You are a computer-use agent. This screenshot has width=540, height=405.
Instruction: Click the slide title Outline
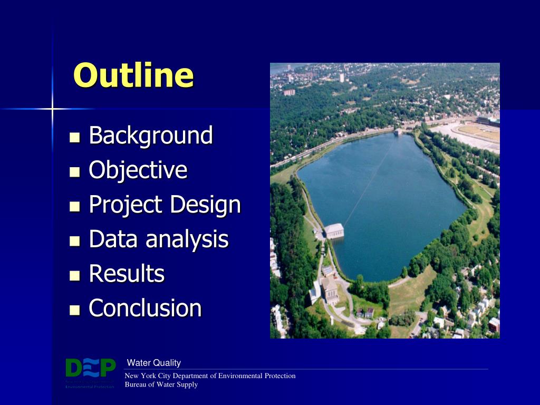(133, 75)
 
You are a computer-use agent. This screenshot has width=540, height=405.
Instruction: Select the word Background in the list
(151, 136)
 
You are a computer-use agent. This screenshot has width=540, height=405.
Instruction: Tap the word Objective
(138, 170)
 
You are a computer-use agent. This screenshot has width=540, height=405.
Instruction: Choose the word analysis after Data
(187, 239)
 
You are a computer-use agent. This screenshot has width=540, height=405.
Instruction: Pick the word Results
(127, 274)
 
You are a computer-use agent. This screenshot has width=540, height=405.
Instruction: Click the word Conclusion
(145, 308)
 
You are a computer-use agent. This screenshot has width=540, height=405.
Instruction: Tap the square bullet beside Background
(74, 138)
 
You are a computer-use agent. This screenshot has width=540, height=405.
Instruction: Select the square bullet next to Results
(74, 276)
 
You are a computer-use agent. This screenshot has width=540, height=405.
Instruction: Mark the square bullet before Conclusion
(74, 310)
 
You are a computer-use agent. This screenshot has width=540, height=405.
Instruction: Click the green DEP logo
(90, 368)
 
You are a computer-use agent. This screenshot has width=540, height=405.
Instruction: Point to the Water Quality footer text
(154, 363)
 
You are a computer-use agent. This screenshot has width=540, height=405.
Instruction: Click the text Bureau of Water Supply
(161, 384)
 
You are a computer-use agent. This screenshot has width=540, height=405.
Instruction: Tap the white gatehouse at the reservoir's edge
(334, 230)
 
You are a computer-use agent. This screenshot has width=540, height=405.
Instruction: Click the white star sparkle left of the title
(52, 109)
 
